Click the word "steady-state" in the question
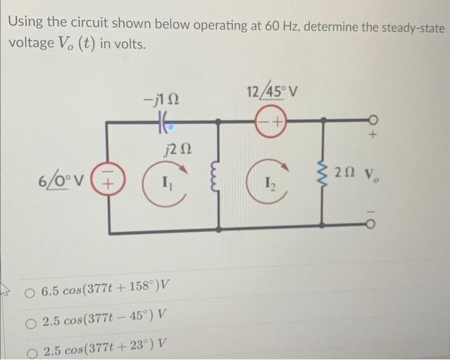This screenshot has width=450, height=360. click(x=404, y=27)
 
